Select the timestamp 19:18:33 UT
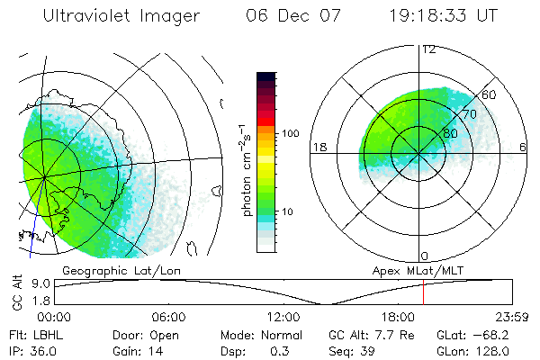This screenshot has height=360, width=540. [443, 16]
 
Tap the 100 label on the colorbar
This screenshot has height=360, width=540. [290, 133]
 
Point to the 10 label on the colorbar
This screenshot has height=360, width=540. [288, 211]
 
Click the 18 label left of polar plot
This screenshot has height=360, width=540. [319, 148]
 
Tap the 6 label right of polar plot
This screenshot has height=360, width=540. [523, 148]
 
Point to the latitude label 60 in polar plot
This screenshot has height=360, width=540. [490, 95]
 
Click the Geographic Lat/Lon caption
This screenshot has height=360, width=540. [108, 270]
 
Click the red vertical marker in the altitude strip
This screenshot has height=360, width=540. [423, 292]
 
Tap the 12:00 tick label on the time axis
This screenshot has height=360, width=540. [283, 317]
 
